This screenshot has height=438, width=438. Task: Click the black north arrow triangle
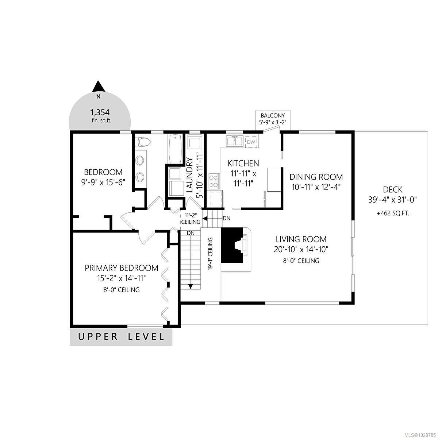coord(98,87)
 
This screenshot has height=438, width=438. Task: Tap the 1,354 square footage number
coord(100,112)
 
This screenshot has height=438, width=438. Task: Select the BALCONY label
coord(273,115)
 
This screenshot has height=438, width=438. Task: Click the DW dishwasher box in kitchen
coord(251,142)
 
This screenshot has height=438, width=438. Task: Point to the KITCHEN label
coord(243,163)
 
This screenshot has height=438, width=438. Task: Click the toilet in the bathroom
coord(142,142)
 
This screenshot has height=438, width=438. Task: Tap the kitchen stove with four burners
coord(214,181)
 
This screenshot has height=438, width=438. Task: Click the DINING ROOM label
coord(316,177)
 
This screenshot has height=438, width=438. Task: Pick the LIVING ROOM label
coord(301,239)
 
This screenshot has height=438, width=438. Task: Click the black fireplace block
coord(232,246)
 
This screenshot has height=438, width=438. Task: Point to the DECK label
coord(392,189)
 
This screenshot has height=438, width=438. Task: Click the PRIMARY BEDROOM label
coord(122,268)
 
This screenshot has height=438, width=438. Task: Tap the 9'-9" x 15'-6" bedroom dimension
coord(103,182)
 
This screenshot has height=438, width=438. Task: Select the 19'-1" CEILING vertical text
coord(211,254)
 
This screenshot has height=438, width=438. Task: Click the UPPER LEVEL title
coord(121,337)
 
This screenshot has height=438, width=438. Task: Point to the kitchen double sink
coord(234,141)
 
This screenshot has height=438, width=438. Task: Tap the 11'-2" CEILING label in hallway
coord(191,218)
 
